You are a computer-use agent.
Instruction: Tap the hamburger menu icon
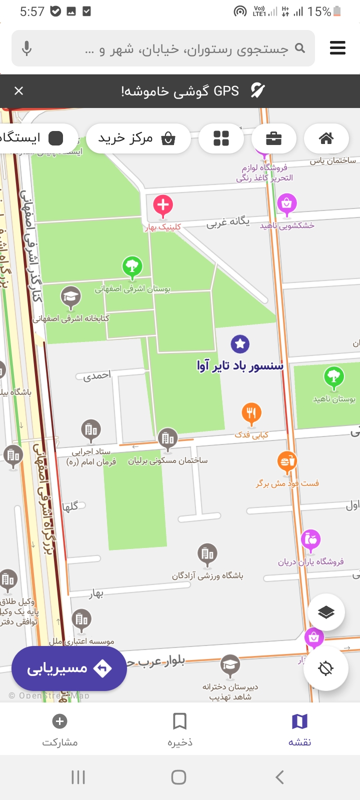pyautogui.click(x=337, y=48)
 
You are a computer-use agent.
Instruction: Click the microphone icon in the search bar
pyautogui.click(x=27, y=48)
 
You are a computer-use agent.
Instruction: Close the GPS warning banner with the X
pyautogui.click(x=19, y=90)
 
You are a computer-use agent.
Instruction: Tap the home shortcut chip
pyautogui.click(x=326, y=138)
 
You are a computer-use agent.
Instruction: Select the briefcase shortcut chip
pyautogui.click(x=273, y=138)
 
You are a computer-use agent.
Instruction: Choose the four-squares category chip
pyautogui.click(x=221, y=138)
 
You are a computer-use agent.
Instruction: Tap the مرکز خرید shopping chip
pyautogui.click(x=138, y=138)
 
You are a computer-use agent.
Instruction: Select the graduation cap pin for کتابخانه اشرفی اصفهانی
pyautogui.click(x=71, y=297)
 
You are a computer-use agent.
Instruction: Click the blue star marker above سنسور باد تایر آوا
pyautogui.click(x=240, y=343)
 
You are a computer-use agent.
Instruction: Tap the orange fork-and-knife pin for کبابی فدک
pyautogui.click(x=251, y=413)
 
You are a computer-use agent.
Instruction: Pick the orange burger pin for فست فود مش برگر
pyautogui.click(x=287, y=462)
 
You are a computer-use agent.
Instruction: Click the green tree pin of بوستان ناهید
pyautogui.click(x=333, y=377)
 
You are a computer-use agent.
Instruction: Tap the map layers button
pyautogui.click(x=326, y=612)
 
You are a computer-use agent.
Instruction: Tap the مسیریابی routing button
pyautogui.click(x=69, y=668)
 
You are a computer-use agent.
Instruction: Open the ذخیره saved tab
pyautogui.click(x=179, y=729)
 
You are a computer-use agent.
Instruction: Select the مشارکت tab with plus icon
pyautogui.click(x=60, y=729)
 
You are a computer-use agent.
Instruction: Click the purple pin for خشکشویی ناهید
pyautogui.click(x=286, y=204)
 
